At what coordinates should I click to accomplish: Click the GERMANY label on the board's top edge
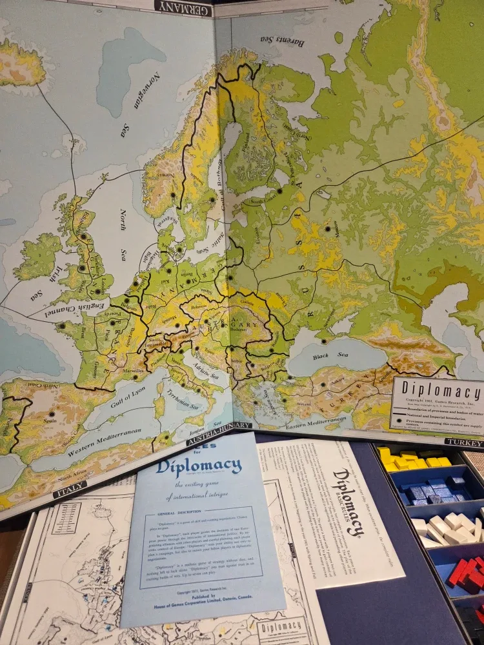pyautogui.click(x=184, y=8)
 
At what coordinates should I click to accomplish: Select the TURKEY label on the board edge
pyautogui.click(x=463, y=443)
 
